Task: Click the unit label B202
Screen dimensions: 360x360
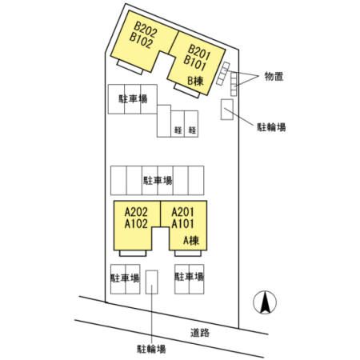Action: [x=146, y=29]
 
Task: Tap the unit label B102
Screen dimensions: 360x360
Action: [x=142, y=40]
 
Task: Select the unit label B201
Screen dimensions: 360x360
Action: [x=199, y=52]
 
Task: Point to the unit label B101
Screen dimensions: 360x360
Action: [x=195, y=63]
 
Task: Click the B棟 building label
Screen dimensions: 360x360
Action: [x=195, y=81]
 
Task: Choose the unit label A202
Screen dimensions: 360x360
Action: [x=136, y=212]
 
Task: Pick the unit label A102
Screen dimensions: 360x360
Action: [x=136, y=224]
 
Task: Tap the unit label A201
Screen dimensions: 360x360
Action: [x=182, y=212]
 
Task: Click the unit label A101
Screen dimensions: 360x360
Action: [x=182, y=224]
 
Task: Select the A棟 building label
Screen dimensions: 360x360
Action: [x=191, y=241]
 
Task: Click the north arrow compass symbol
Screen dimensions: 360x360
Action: [x=265, y=302]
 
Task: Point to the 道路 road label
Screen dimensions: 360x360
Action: [x=200, y=333]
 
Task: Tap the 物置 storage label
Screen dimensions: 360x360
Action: [x=274, y=77]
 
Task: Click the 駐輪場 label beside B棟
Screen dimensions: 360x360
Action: [x=271, y=127]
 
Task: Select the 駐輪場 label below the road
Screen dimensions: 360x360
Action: [x=151, y=349]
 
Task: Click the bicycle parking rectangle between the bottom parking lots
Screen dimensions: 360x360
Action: [x=151, y=282]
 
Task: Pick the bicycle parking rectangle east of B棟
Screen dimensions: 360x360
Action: [x=227, y=110]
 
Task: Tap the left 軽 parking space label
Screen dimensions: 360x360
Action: [x=178, y=130]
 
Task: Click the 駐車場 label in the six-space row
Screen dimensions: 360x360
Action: [x=158, y=181]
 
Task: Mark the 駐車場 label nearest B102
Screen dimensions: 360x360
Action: [x=133, y=99]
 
